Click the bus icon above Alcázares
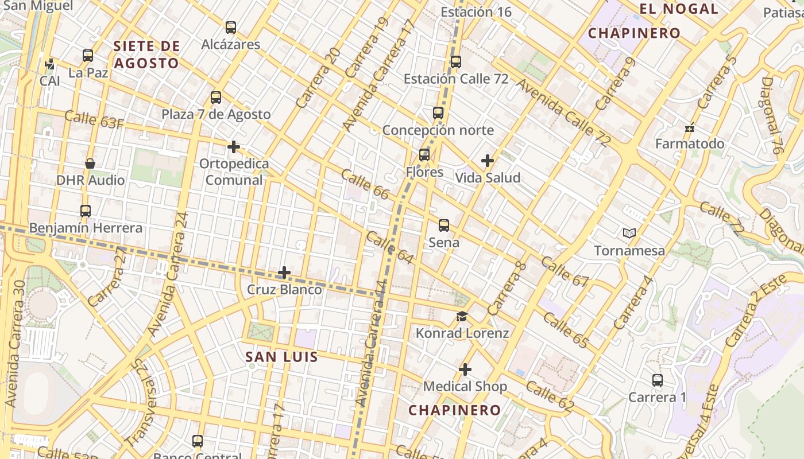point(230,27)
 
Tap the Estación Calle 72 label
point(456,79)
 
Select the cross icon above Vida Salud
point(487,161)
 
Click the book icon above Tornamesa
point(629,233)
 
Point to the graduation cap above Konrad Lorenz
point(462,316)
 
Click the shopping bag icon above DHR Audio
point(90,164)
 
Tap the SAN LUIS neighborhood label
point(281,357)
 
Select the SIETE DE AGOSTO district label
point(146,55)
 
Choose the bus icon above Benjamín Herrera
point(86,211)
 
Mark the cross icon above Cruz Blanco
point(284,273)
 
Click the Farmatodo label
point(690,143)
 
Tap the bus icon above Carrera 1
point(657,380)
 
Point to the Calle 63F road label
point(94,119)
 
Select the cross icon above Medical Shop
point(465,369)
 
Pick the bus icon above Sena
point(443,225)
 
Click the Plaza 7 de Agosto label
point(216,114)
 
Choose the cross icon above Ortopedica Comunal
point(233,147)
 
